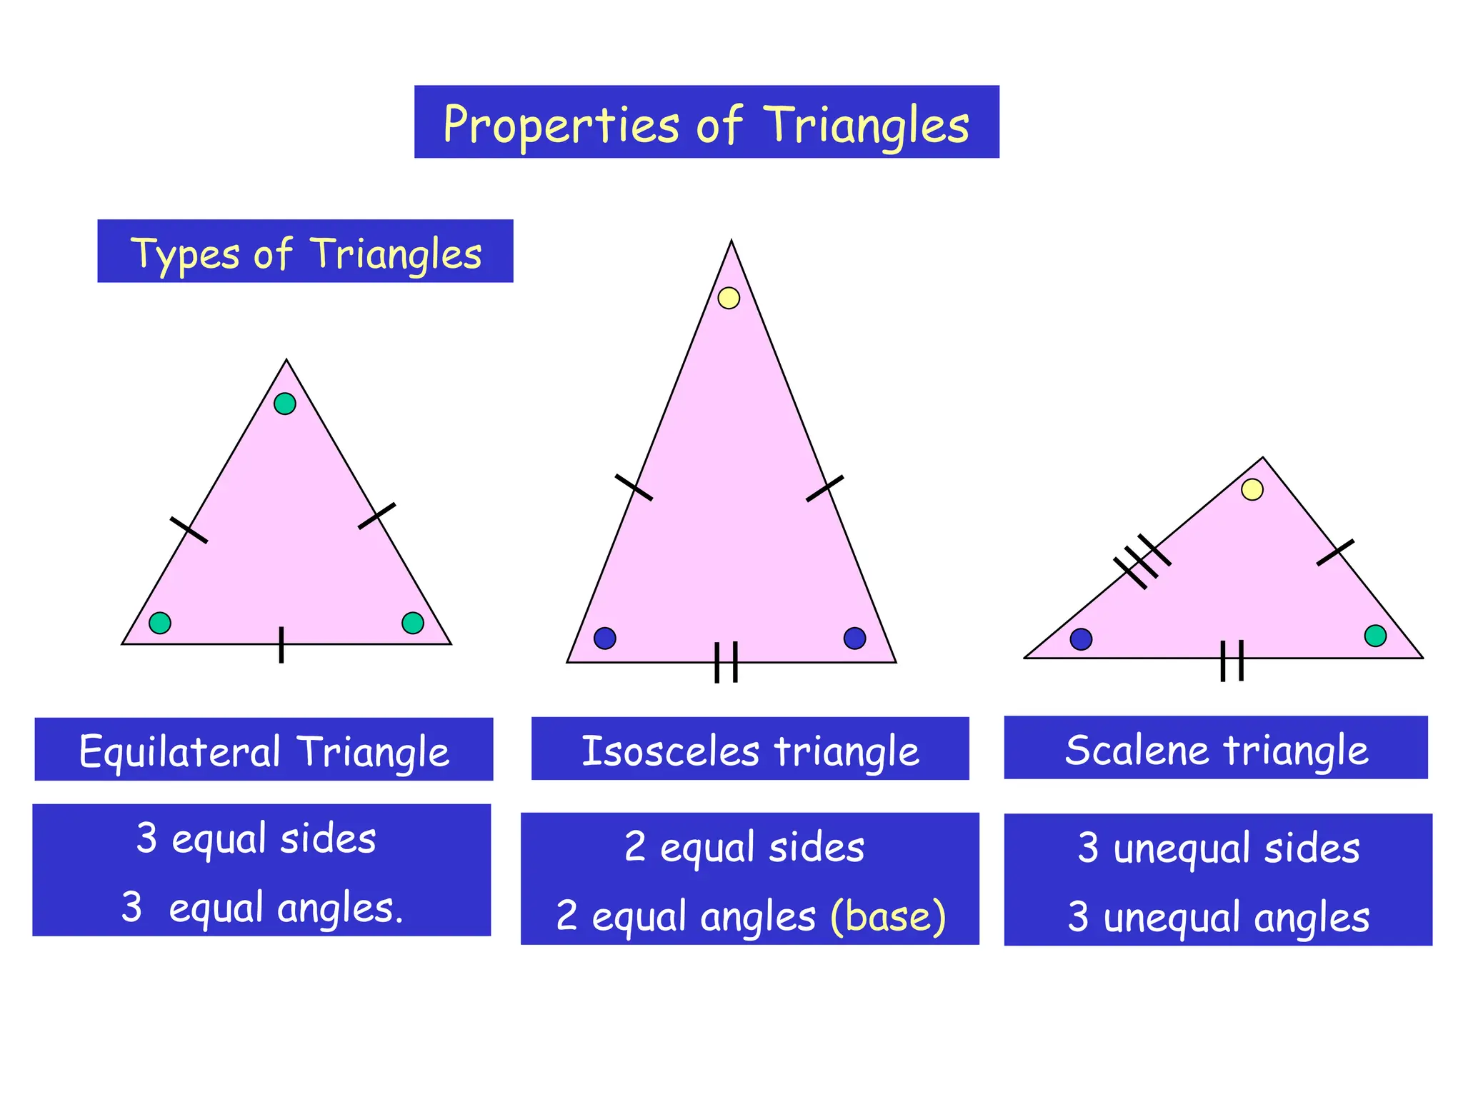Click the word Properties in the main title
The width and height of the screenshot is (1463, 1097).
pyautogui.click(x=561, y=126)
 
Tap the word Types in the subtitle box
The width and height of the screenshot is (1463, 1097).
pyautogui.click(x=184, y=254)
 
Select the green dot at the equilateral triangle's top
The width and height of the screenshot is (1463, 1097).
pyautogui.click(x=285, y=404)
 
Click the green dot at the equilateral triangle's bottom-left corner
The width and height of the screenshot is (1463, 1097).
pyautogui.click(x=160, y=623)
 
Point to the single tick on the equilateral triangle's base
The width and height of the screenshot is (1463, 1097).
pyautogui.click(x=281, y=644)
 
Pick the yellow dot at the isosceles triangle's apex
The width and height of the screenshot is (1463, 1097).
pyautogui.click(x=729, y=298)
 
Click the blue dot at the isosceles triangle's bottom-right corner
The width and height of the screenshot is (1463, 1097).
pyautogui.click(x=854, y=638)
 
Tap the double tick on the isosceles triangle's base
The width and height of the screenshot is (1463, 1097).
pyautogui.click(x=726, y=662)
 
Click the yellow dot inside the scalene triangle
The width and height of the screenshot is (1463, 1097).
pyautogui.click(x=1252, y=489)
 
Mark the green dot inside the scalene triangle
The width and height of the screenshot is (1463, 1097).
pyautogui.click(x=1375, y=636)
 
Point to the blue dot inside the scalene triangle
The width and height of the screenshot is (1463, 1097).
pyautogui.click(x=1081, y=638)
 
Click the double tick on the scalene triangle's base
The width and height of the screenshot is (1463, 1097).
pyautogui.click(x=1232, y=660)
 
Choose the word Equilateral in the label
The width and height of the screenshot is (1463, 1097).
pyautogui.click(x=180, y=751)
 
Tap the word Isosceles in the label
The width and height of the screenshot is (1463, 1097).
pyautogui.click(x=670, y=751)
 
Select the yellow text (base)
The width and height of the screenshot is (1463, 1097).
pyautogui.click(x=888, y=916)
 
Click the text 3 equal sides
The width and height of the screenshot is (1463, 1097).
pyautogui.click(x=256, y=838)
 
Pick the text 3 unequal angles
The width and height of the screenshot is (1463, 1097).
pyautogui.click(x=1219, y=917)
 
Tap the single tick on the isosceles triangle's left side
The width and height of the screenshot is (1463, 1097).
pyautogui.click(x=634, y=487)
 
